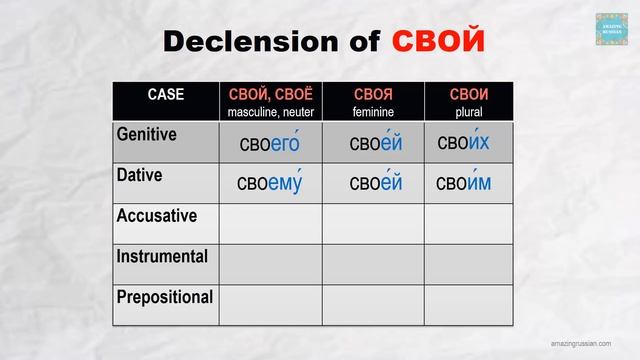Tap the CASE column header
[166, 95]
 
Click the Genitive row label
[147, 134]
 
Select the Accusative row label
[156, 216]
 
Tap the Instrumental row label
[162, 256]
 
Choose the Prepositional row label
[164, 297]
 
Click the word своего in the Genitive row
[270, 144]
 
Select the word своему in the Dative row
[270, 184]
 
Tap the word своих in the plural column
[464, 143]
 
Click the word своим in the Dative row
[464, 183]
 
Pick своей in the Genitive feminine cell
[376, 144]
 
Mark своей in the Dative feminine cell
[376, 184]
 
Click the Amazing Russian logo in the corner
[611, 29]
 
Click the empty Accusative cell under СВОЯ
[372, 224]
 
